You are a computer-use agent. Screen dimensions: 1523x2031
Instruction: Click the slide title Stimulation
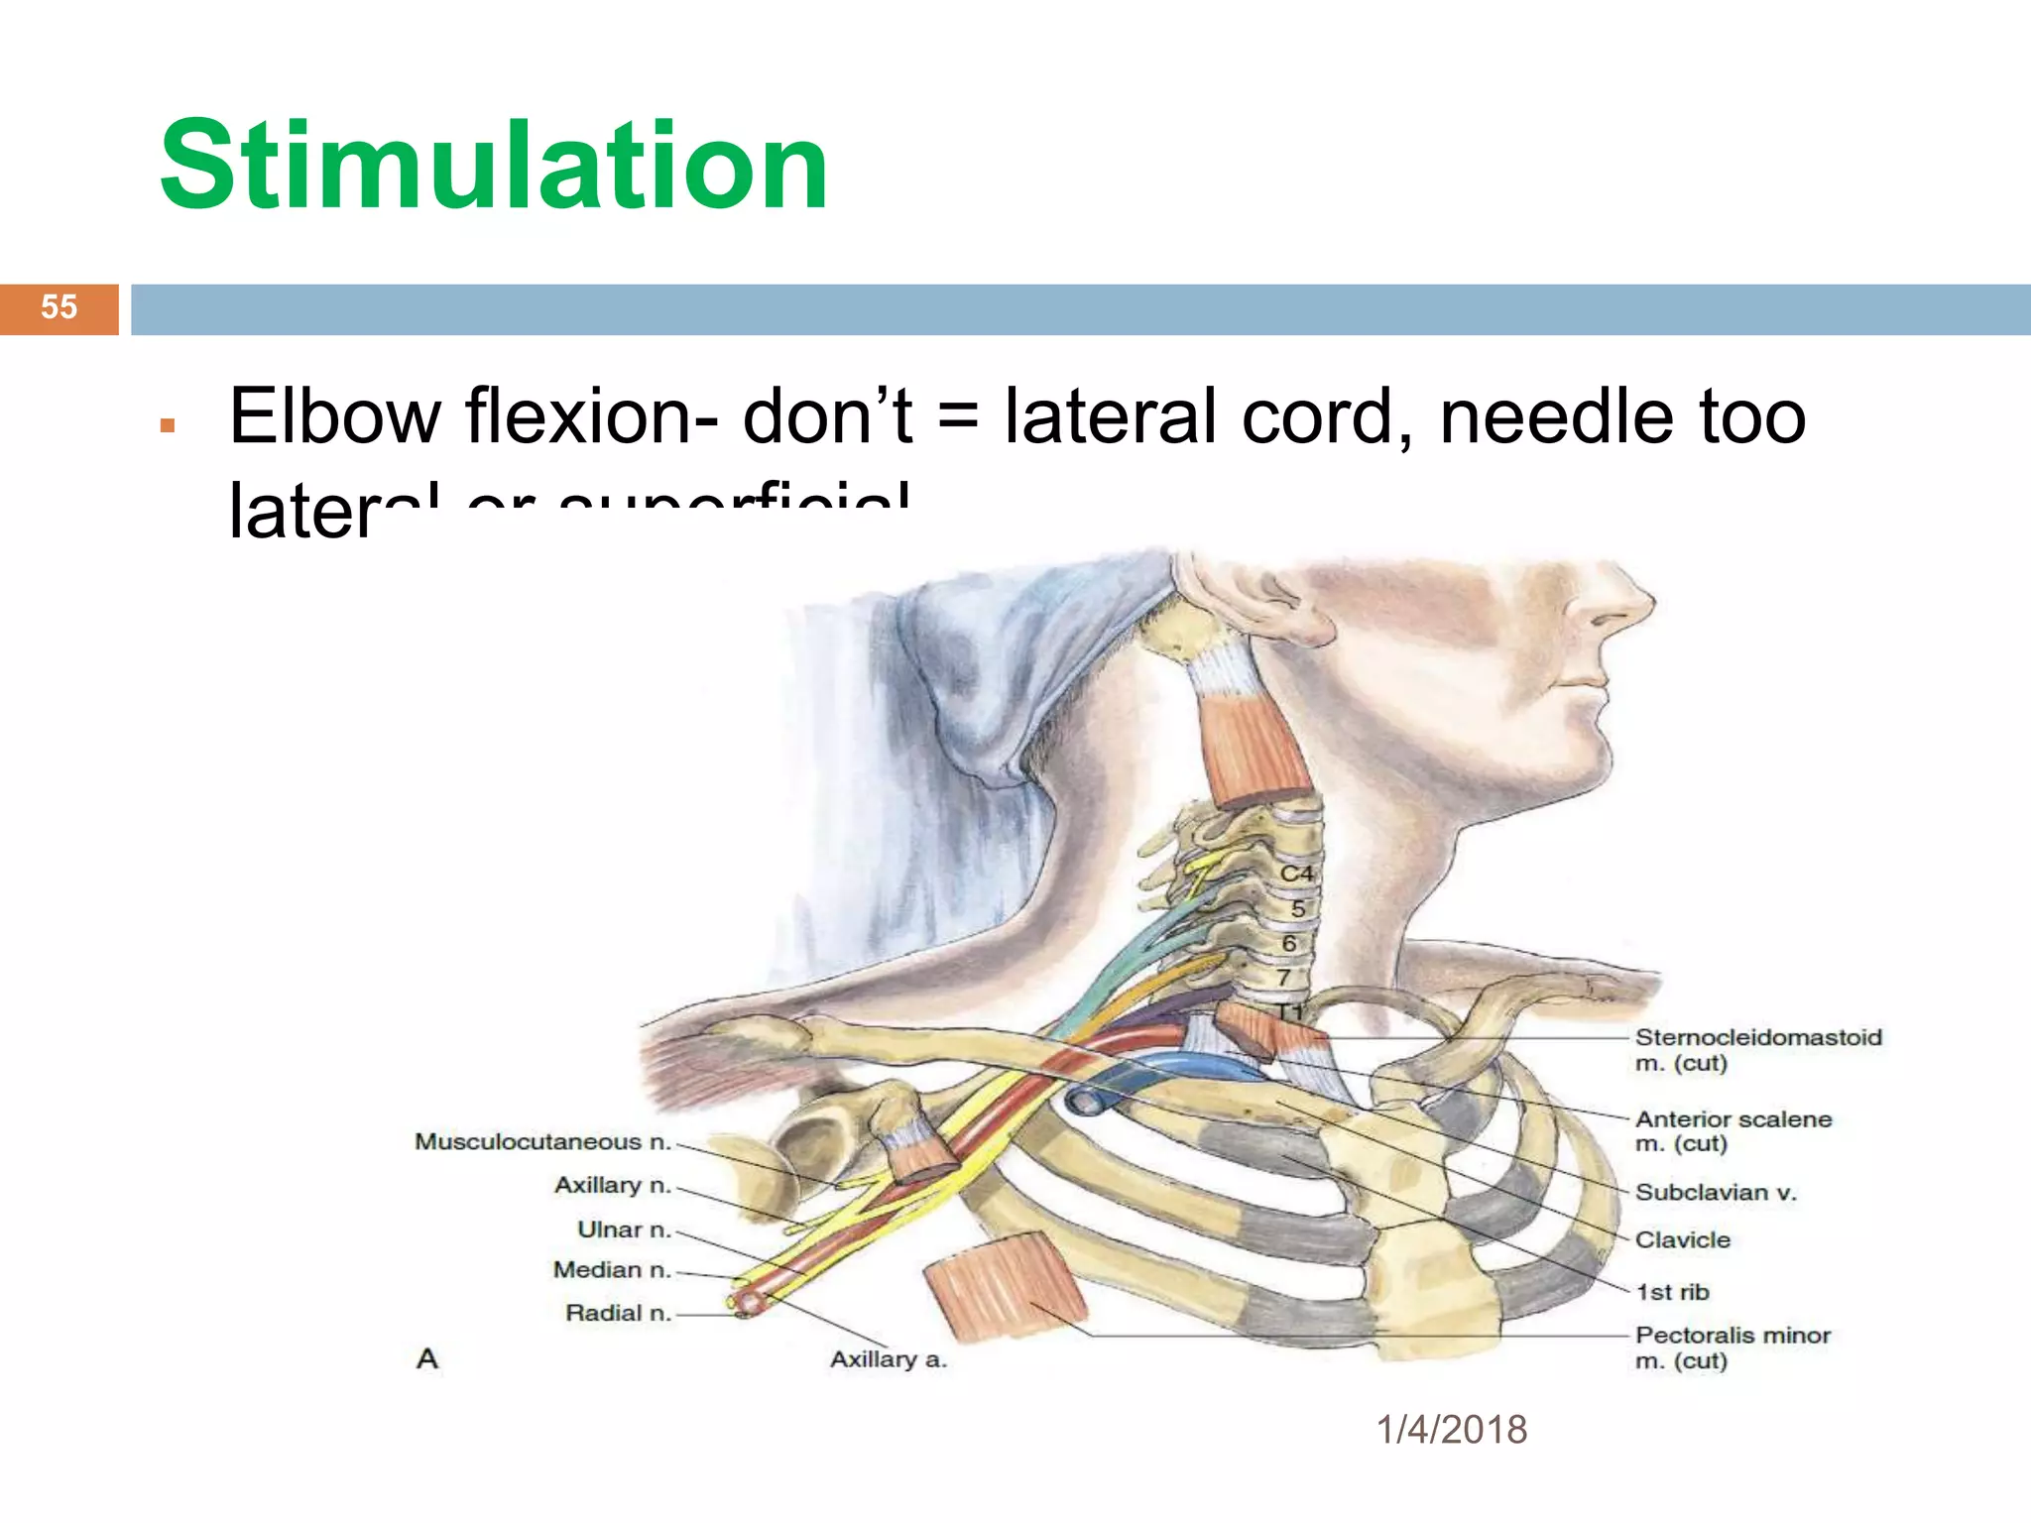pos(493,166)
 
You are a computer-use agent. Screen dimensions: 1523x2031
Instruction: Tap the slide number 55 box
pos(59,307)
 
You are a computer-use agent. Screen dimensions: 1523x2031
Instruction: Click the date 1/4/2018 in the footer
pos(1451,1430)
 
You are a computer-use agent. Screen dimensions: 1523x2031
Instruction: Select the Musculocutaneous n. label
pos(542,1142)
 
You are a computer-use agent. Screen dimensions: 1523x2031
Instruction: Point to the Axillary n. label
pos(612,1185)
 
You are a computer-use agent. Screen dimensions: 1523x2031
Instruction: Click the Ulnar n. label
pos(624,1230)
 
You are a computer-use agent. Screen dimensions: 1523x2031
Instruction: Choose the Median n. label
pos(612,1270)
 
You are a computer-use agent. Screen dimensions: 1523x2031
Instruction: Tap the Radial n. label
pos(618,1313)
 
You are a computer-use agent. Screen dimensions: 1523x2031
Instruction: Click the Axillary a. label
pos(888,1359)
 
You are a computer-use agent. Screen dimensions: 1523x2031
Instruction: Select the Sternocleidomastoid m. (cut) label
pos(1757,1050)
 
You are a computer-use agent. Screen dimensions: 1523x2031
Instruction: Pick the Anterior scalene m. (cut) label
pos(1732,1131)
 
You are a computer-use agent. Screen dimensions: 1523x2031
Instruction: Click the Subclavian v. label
pos(1715,1193)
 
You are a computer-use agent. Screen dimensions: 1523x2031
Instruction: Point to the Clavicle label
pos(1682,1240)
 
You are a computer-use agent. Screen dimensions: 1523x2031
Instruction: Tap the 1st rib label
pos(1672,1292)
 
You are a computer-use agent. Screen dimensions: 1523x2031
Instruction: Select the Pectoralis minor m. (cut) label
pos(1732,1347)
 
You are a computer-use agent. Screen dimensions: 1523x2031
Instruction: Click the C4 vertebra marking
pos(1295,874)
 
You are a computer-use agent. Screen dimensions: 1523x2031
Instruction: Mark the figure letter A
pos(427,1358)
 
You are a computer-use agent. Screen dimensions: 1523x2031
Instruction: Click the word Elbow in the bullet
pos(335,416)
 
